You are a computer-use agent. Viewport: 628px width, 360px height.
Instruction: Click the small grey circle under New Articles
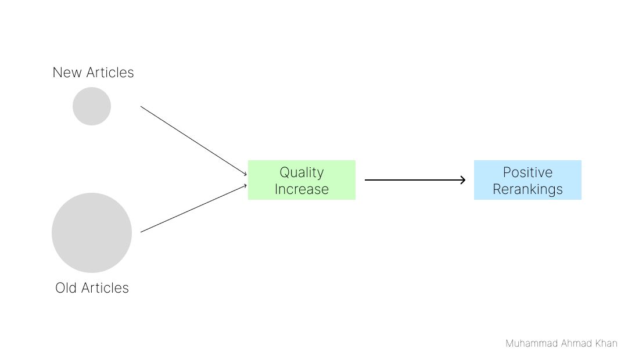92,106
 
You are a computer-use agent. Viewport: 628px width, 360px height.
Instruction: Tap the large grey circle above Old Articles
92,233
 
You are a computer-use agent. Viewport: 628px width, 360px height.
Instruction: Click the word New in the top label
67,73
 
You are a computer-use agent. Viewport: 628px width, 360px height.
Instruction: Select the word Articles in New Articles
110,73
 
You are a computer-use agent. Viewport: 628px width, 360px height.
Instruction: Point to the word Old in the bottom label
66,288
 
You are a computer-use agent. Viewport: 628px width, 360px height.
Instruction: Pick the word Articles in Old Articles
105,288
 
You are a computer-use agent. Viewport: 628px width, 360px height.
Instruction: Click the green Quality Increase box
302,180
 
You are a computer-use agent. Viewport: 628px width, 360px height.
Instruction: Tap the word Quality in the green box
302,172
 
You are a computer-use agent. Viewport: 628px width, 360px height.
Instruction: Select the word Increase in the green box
302,189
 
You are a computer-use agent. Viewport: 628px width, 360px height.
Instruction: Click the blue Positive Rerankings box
527,180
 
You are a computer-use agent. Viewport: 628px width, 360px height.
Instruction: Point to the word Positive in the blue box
527,172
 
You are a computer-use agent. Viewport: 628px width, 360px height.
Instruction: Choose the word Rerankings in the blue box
527,189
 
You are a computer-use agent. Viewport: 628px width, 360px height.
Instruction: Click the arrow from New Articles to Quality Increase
193,141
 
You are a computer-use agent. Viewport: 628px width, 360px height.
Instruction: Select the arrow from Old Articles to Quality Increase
193,208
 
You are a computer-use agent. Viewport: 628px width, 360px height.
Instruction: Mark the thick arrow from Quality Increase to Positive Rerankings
415,180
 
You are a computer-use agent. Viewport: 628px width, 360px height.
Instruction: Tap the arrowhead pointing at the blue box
463,180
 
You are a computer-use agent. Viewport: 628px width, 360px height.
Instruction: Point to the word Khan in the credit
607,343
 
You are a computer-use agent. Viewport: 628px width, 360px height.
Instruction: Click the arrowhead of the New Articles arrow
245,174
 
